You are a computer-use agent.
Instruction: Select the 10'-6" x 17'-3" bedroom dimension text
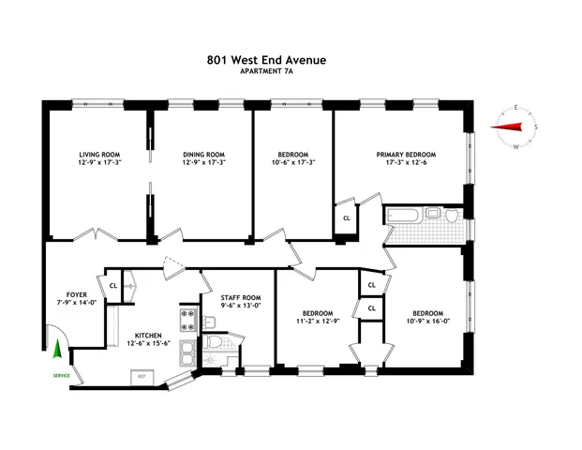click(x=292, y=162)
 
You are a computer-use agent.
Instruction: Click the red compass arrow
click(x=508, y=128)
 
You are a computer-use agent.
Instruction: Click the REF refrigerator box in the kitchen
click(x=142, y=376)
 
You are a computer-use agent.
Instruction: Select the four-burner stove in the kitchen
click(x=187, y=320)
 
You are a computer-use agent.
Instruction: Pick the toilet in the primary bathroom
click(x=453, y=216)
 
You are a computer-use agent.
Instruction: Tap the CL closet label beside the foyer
click(x=113, y=286)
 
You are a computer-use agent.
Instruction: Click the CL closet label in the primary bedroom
click(x=347, y=218)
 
